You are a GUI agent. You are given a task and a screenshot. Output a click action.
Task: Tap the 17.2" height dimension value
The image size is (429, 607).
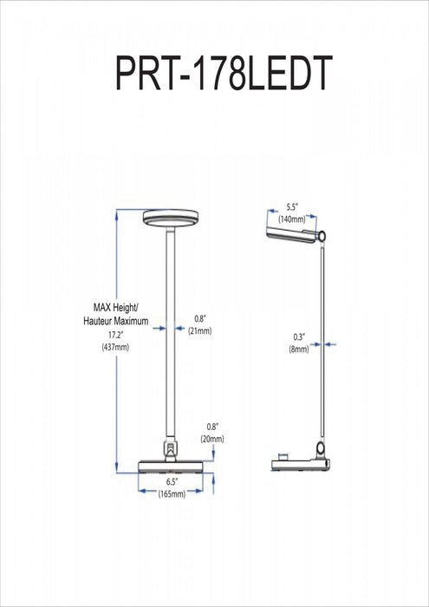(110, 334)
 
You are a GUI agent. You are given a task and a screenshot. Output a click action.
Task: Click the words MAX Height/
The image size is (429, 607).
(120, 307)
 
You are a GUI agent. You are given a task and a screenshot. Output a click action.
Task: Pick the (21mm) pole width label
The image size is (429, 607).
(200, 331)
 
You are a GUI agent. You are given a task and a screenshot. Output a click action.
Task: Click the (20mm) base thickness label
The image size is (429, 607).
(212, 439)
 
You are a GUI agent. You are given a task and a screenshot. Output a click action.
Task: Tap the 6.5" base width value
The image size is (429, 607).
(171, 479)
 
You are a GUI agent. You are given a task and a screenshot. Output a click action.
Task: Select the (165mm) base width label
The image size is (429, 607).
(171, 493)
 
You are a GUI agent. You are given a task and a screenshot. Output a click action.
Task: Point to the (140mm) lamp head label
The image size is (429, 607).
(292, 220)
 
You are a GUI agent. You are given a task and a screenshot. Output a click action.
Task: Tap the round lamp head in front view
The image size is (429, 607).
(171, 218)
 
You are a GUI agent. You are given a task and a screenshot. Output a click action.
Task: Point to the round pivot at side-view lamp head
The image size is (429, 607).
(322, 236)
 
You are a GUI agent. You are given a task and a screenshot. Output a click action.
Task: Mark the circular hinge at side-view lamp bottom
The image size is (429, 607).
(322, 448)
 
